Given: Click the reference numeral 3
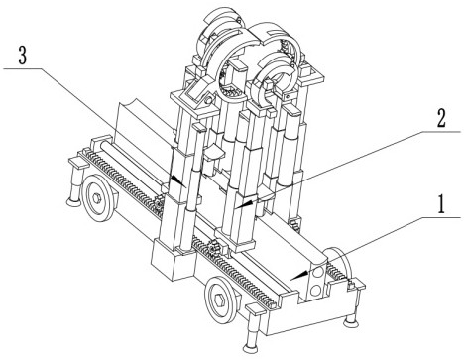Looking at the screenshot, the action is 22,56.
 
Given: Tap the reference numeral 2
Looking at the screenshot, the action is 441,118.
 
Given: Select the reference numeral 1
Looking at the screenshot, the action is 442,204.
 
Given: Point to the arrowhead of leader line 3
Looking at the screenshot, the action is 178,181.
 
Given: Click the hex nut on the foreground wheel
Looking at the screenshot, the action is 219,300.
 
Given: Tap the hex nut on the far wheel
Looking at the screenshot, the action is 96,198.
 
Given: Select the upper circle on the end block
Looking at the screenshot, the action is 319,273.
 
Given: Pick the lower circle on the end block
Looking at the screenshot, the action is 316,291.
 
